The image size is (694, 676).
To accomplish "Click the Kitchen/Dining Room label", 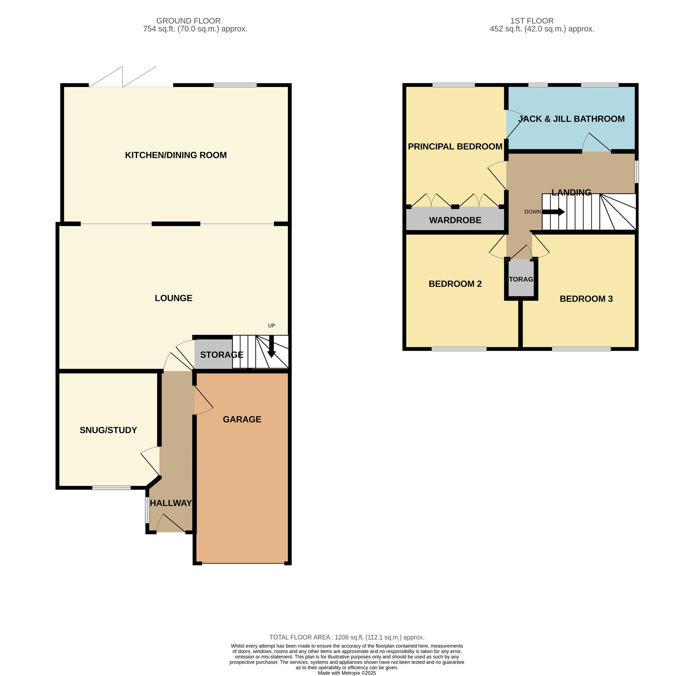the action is pyautogui.click(x=176, y=155).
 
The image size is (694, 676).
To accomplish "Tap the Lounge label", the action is pyautogui.click(x=174, y=298).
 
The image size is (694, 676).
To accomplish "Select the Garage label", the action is pyautogui.click(x=242, y=419).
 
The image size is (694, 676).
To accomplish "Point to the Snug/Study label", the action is pyautogui.click(x=108, y=430).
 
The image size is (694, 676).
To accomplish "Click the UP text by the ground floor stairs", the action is pyautogui.click(x=271, y=325).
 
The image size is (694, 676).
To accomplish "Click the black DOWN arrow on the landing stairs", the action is pyautogui.click(x=553, y=212).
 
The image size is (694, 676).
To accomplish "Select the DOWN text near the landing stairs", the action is pyautogui.click(x=533, y=212).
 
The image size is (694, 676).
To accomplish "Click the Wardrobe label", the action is pyautogui.click(x=455, y=220).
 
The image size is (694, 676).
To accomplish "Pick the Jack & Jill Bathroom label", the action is pyautogui.click(x=571, y=119).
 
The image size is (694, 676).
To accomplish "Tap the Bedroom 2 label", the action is pyautogui.click(x=455, y=284).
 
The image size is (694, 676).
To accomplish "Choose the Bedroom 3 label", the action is pyautogui.click(x=586, y=299).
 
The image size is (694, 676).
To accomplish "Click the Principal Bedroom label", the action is pyautogui.click(x=455, y=147).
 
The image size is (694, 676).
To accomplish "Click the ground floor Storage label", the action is pyautogui.click(x=222, y=355).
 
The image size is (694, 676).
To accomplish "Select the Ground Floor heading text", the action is pyautogui.click(x=189, y=21).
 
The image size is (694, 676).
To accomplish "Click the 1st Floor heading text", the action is pyautogui.click(x=532, y=21).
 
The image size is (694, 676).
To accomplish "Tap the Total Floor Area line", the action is pyautogui.click(x=347, y=637).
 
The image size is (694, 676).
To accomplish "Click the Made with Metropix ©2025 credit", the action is pyautogui.click(x=347, y=673).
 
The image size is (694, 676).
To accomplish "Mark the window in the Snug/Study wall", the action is pyautogui.click(x=111, y=488).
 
